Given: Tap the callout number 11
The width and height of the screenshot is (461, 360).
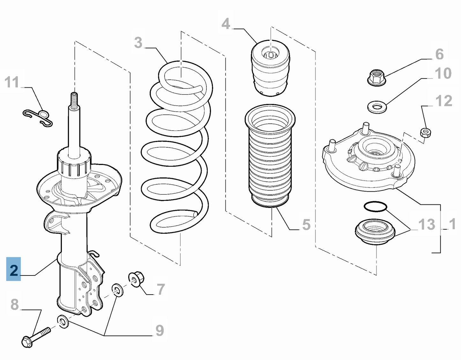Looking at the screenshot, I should point(12,82).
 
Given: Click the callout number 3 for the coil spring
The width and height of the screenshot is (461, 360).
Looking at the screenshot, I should point(138,43).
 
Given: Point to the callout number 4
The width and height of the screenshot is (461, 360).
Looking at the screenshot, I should point(226,24).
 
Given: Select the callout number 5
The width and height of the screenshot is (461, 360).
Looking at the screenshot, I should point(306,225).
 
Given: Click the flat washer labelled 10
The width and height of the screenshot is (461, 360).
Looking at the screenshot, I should point(377,107).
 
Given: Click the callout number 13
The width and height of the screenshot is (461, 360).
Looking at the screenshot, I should point(427,224).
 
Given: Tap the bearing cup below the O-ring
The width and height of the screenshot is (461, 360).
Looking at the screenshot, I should point(375,232).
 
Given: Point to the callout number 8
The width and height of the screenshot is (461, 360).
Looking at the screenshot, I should point(14,305).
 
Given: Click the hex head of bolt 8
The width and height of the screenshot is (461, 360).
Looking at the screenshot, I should point(26,342).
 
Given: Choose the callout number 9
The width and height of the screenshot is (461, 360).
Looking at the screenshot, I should point(160,331).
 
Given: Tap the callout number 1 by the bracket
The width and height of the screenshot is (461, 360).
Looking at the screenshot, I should point(452,224).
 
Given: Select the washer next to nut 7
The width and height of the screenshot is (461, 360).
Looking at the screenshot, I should point(117,290).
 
